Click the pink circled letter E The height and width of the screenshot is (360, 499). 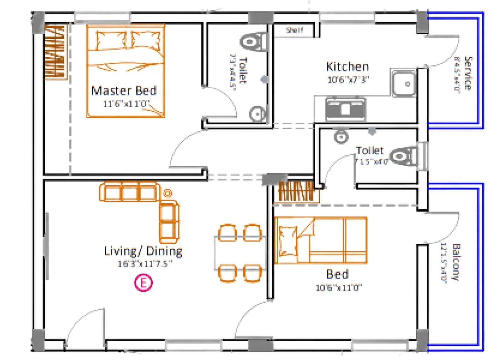coord(143,283)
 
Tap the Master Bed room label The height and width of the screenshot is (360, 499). coord(124,91)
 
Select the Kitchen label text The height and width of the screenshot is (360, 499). coord(347,67)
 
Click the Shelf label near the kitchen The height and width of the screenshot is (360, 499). coord(294,30)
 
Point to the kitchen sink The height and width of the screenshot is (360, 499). coord(404,84)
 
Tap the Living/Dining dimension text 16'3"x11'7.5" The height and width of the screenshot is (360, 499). coord(145,264)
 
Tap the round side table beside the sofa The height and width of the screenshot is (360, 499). coord(168,193)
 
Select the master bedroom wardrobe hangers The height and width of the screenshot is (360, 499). coord(56,51)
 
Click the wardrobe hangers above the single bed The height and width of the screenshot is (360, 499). coord(296,191)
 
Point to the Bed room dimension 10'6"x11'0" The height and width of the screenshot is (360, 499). coord(339,287)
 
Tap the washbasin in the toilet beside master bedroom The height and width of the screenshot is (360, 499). coord(257,114)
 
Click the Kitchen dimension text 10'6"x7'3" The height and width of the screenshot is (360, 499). coord(348,80)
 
